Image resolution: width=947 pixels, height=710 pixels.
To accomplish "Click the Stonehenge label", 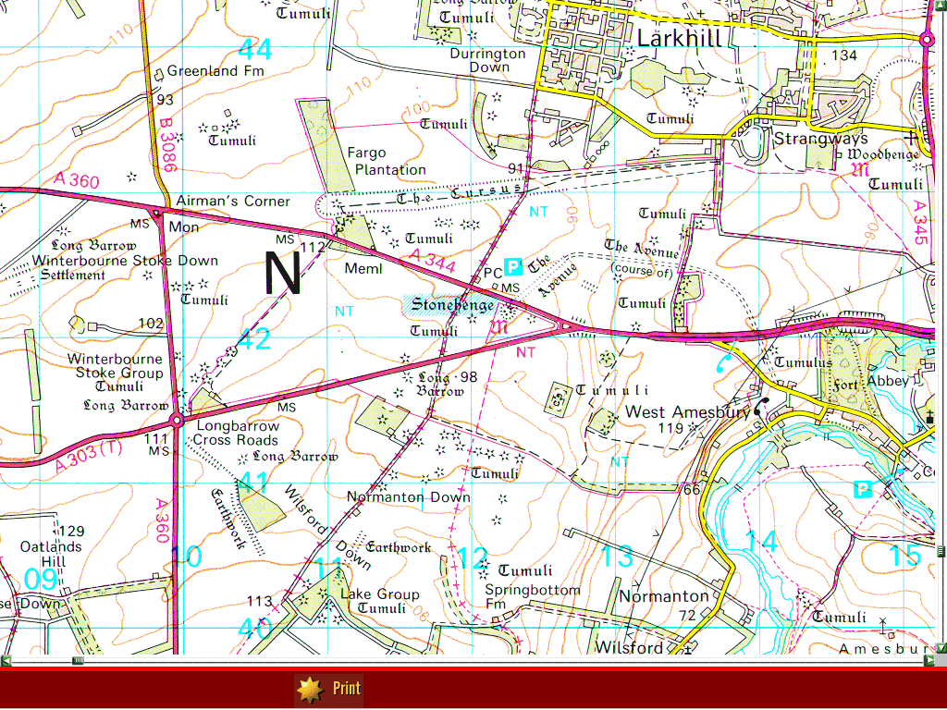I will (441, 304).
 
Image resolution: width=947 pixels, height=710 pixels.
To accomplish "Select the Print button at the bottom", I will (329, 689).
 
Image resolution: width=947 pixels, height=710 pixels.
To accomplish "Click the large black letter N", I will (283, 273).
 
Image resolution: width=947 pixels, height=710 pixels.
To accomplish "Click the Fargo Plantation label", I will (387, 161).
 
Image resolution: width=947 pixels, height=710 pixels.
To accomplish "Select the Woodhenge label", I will (883, 154).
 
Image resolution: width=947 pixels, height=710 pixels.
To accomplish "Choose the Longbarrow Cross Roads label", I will (236, 433).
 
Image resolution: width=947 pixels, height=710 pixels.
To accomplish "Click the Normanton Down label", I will (408, 496).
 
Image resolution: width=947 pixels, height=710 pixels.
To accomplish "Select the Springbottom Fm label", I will (533, 597).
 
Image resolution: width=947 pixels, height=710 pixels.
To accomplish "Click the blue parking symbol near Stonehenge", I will (514, 267).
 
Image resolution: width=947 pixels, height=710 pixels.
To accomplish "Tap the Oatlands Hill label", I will (52, 554).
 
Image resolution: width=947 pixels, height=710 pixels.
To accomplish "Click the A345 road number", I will (919, 223).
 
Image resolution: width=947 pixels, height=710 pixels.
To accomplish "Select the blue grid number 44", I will (254, 48).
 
